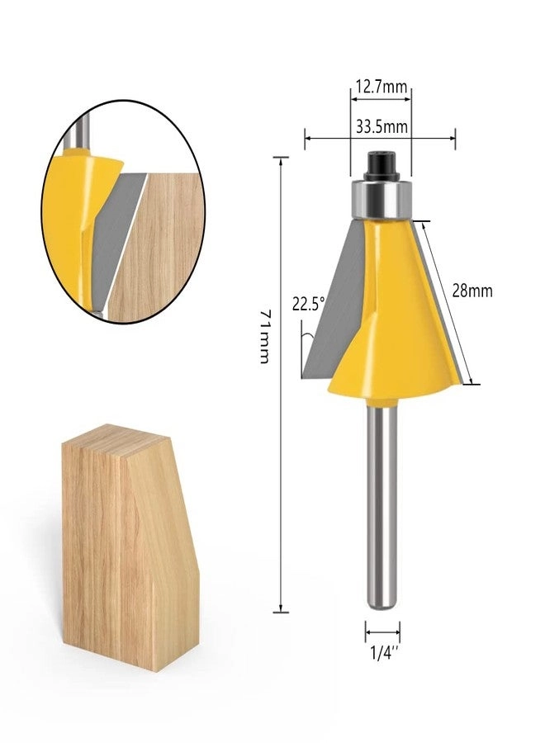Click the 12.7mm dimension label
381,85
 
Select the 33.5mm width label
381,126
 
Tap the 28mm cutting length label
472,291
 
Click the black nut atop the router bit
381,165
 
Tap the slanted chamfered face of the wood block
161,512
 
